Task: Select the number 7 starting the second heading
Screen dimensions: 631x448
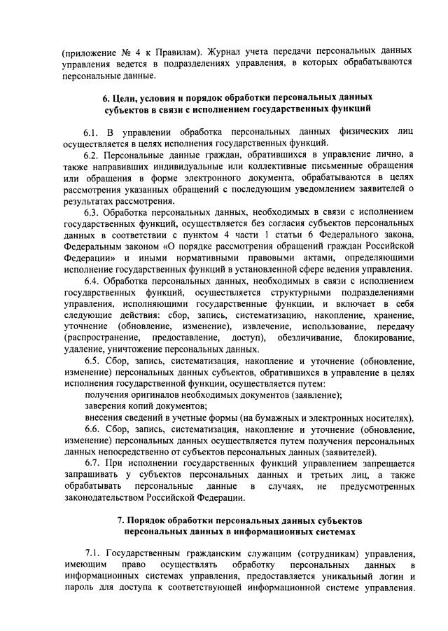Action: (120, 521)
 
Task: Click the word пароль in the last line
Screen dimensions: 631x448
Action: (79, 588)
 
